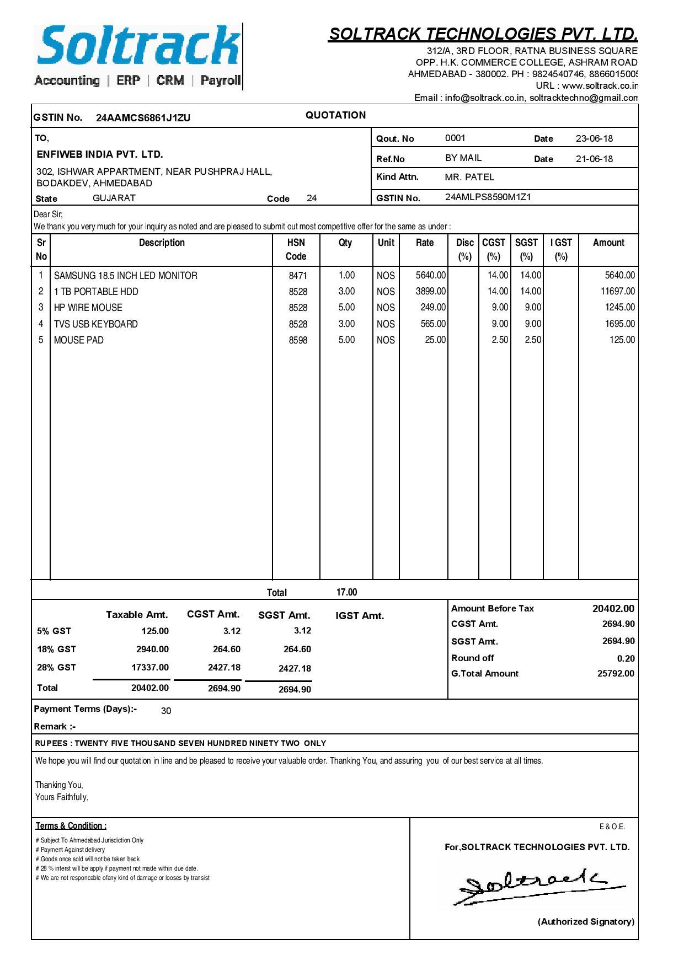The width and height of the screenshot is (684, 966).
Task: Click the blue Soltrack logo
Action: pos(138,47)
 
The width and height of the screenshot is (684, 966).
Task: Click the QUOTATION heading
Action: pos(335,115)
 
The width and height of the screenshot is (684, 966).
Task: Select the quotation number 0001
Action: pos(455,138)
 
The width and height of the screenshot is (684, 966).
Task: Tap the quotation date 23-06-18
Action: pos(594,138)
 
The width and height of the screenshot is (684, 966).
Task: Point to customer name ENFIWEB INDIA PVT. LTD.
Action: pos(100,154)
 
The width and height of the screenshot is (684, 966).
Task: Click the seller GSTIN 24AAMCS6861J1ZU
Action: pos(143,118)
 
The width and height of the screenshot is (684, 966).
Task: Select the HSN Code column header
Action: pos(296,249)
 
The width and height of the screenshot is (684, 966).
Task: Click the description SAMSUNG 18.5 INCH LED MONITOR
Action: pos(125,276)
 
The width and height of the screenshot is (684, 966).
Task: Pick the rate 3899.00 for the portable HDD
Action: pos(430,291)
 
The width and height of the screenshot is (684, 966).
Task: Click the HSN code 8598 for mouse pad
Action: pos(298,340)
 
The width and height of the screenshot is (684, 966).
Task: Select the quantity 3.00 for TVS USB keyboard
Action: pos(346,324)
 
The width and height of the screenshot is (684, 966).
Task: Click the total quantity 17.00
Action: pos(346,592)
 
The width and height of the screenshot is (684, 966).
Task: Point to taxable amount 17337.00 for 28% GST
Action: pos(149,667)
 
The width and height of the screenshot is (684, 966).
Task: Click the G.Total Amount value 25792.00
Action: pos(616,673)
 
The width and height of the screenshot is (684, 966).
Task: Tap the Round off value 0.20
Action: pos(626,658)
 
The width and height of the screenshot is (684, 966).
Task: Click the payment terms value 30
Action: pos(166,711)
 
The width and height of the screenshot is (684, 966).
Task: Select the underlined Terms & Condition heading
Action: pos(71,825)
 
